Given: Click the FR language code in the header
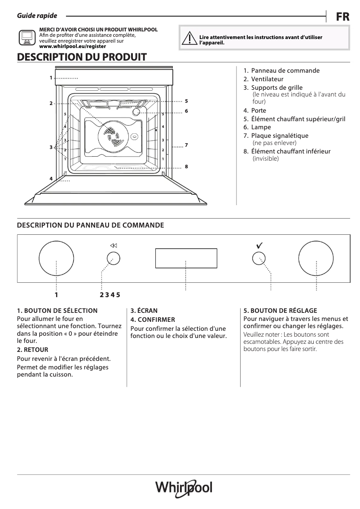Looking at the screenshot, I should [x=342, y=17].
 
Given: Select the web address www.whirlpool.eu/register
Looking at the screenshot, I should [x=72, y=46].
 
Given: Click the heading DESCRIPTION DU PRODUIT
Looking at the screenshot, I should [x=81, y=57].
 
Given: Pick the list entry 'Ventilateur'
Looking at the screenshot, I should [x=267, y=79].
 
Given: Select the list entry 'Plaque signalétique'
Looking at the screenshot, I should [x=280, y=136].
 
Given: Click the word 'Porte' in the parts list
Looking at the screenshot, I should [x=259, y=110].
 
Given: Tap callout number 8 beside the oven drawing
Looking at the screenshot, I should [x=186, y=167].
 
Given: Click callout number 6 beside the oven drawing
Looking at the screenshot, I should [x=186, y=110].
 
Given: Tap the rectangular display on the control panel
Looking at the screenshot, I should [x=186, y=258].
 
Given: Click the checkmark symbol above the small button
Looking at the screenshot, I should [x=259, y=246].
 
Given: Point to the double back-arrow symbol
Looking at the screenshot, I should [x=113, y=246].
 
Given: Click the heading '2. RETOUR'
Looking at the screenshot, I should [x=32, y=350].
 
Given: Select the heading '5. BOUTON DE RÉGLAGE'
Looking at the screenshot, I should [x=280, y=311].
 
